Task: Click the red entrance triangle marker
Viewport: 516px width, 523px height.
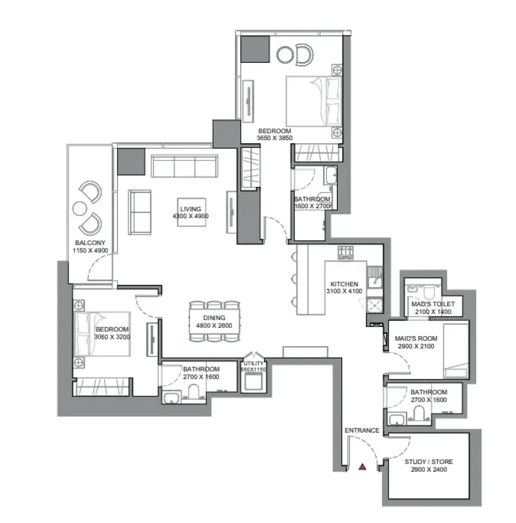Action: [363, 467]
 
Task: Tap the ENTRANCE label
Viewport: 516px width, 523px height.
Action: [362, 430]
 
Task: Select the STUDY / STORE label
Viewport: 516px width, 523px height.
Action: [429, 462]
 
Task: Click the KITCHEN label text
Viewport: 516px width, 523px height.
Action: [344, 284]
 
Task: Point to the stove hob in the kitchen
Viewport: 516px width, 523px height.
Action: [345, 252]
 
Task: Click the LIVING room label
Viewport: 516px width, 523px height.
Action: [191, 209]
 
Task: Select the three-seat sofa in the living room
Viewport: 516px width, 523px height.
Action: [185, 166]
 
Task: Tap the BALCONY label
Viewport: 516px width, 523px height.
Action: [90, 243]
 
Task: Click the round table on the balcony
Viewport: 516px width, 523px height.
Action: [80, 209]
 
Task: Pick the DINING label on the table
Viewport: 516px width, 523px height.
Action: [214, 318]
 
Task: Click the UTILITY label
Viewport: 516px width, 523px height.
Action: [253, 363]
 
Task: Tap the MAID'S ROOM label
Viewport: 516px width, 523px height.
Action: [416, 338]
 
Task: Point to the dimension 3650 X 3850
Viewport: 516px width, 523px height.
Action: [275, 138]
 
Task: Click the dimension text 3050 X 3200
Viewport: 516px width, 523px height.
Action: [112, 337]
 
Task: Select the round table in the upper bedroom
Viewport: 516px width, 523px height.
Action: [285, 55]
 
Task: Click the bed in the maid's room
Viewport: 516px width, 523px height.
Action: [456, 350]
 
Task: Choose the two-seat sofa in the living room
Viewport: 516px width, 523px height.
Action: [140, 212]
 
